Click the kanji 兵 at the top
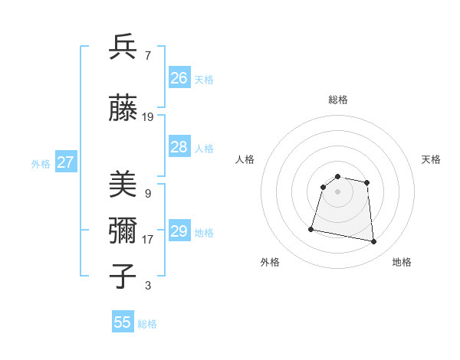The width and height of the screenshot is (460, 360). click(123, 47)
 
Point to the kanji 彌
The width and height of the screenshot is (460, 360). click(123, 231)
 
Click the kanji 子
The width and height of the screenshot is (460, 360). click(123, 276)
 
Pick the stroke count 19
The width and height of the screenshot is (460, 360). click(148, 117)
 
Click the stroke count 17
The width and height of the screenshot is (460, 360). click(148, 239)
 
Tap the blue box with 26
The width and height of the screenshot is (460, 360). click(179, 77)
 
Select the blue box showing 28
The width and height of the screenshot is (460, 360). click(179, 147)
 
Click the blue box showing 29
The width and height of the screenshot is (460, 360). click(179, 231)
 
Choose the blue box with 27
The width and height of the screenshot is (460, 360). click(65, 162)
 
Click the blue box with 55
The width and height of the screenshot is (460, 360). click(123, 322)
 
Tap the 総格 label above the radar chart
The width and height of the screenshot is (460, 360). click(337, 100)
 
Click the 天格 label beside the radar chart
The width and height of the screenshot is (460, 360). click(431, 159)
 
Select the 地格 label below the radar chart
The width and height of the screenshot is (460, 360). click(402, 262)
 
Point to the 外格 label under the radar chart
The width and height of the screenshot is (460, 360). click(270, 262)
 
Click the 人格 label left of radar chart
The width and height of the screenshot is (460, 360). click(245, 159)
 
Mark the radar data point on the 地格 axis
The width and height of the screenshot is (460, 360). click(373, 242)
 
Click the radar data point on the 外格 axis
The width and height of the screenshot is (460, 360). click(311, 228)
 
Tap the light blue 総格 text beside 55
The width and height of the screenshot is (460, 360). click(147, 324)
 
